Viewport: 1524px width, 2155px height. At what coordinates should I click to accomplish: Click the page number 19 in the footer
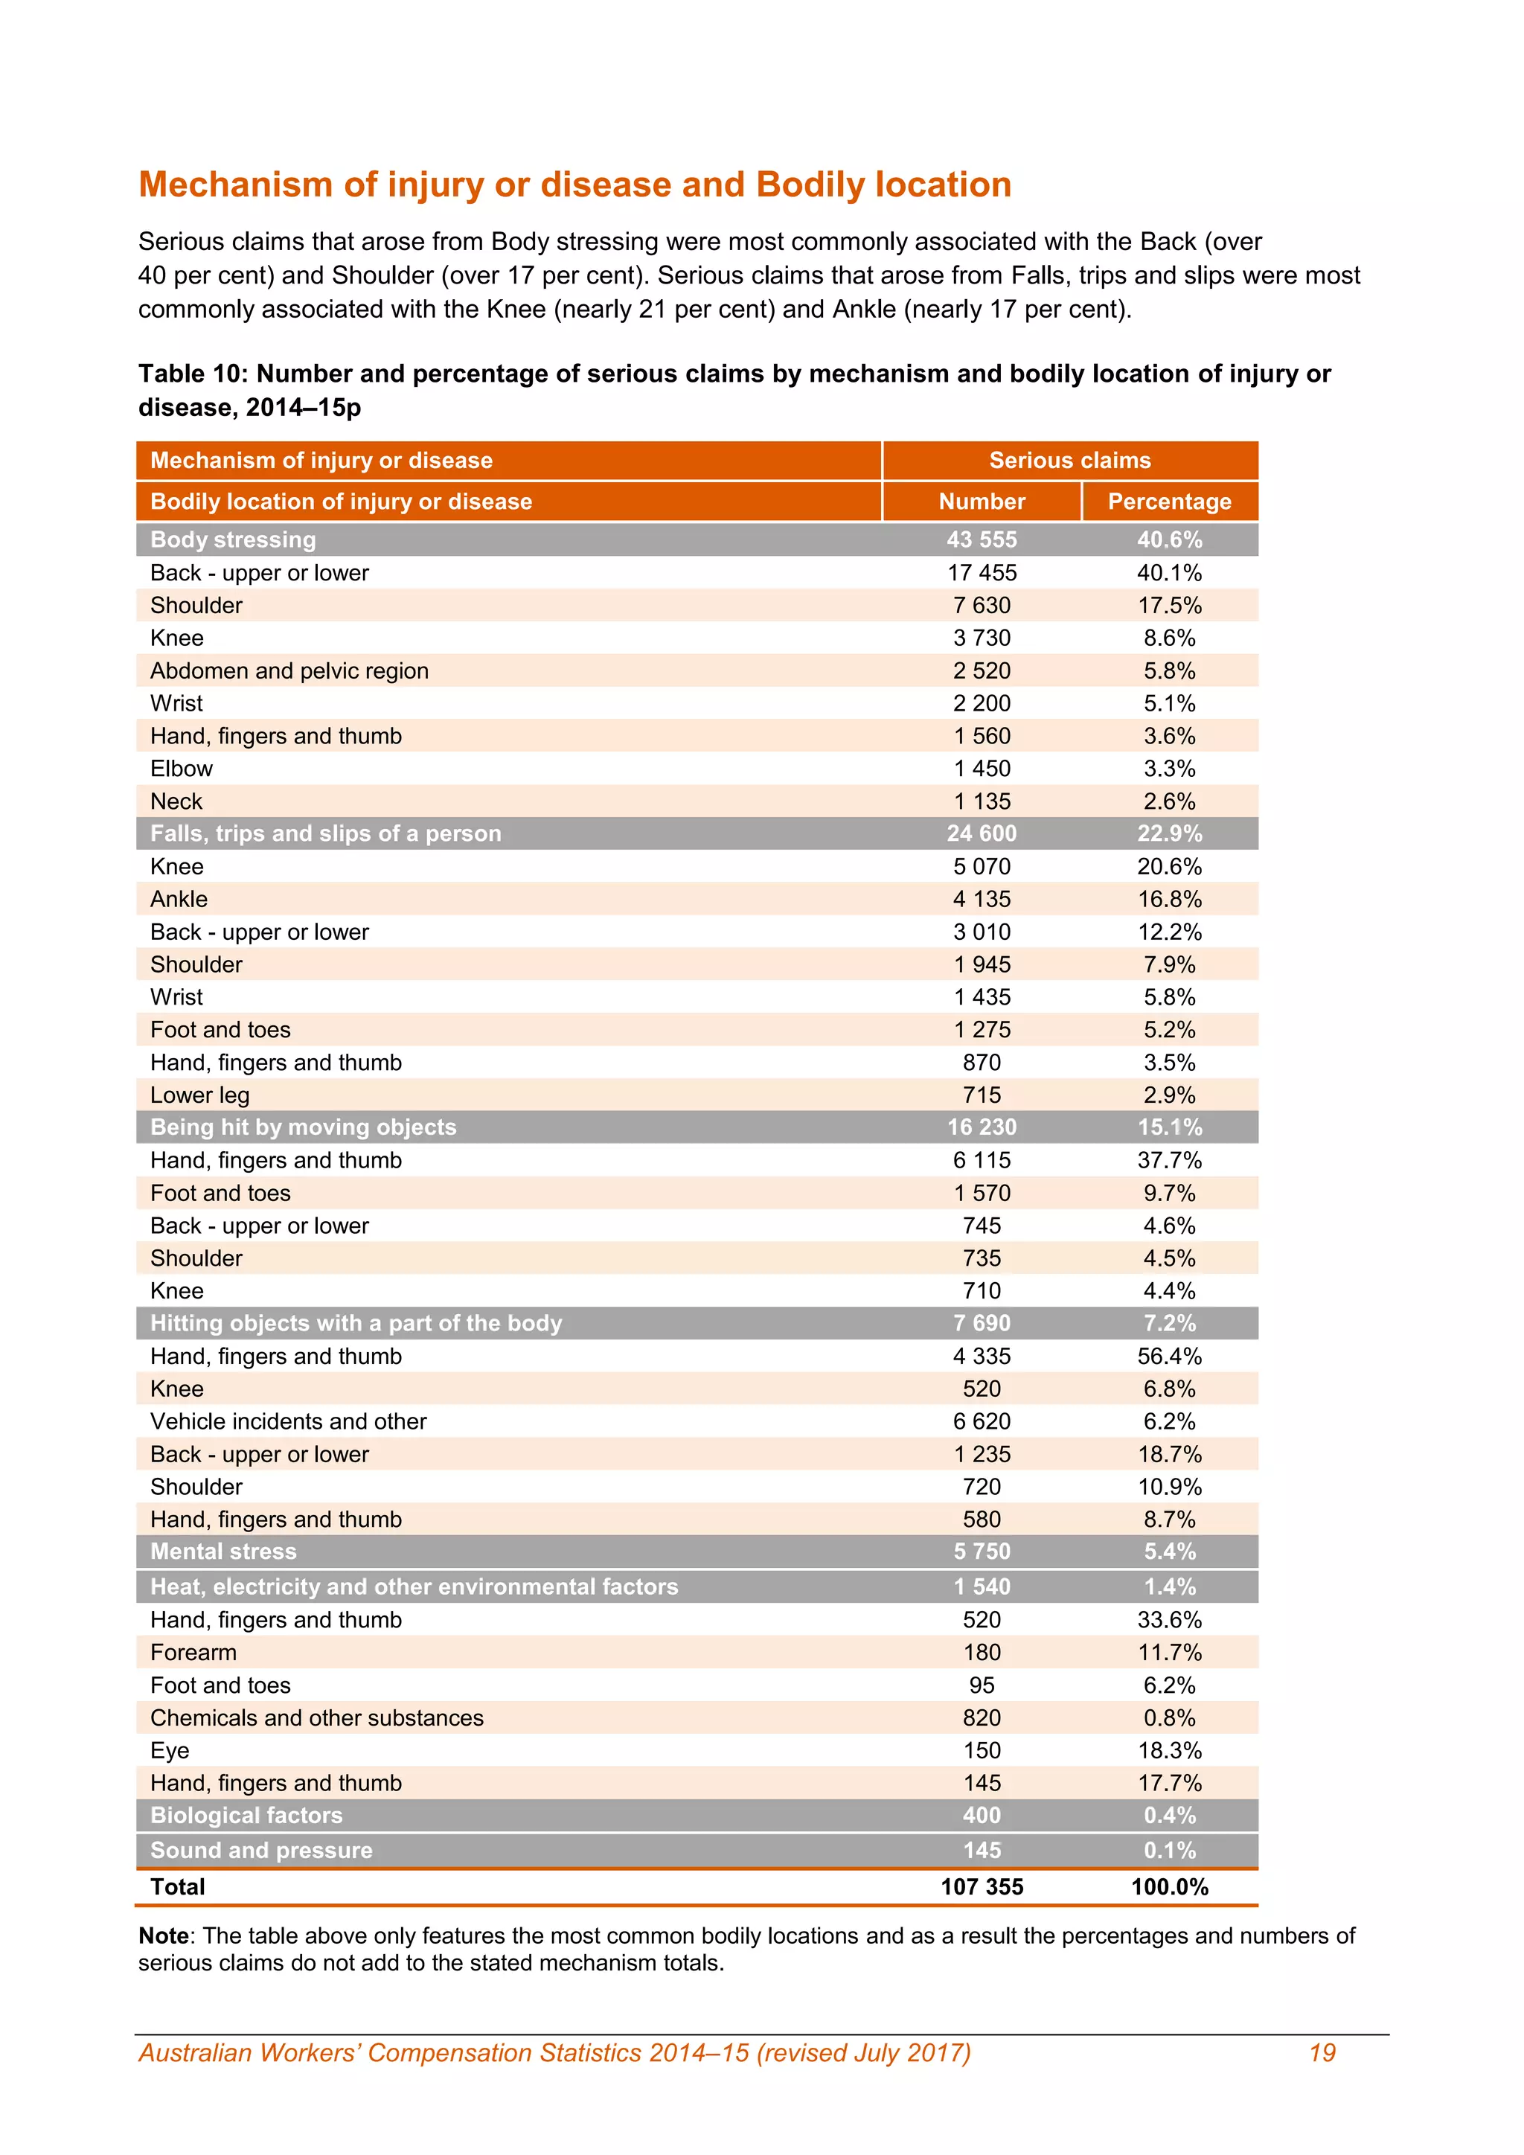[1322, 2053]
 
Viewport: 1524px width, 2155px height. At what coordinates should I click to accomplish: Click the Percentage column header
[1168, 502]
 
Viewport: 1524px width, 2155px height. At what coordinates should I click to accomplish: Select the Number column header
[982, 502]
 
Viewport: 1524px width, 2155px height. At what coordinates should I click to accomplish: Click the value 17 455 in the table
[982, 572]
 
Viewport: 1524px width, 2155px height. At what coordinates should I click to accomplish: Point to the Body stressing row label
[233, 539]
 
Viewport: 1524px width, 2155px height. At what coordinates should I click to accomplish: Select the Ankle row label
[179, 899]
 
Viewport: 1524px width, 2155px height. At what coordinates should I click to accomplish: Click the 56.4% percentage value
[1169, 1357]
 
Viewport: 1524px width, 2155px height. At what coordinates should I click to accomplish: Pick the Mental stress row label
[222, 1552]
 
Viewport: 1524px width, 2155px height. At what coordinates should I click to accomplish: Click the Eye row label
[170, 1750]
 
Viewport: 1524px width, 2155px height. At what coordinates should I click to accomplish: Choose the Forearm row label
[193, 1652]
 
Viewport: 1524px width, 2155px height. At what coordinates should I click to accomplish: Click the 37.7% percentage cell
[1169, 1160]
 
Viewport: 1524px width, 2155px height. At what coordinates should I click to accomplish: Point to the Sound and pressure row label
[261, 1850]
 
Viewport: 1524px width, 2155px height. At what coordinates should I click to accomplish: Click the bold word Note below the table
[163, 1935]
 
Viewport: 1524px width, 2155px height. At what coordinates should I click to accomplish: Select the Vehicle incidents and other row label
[288, 1421]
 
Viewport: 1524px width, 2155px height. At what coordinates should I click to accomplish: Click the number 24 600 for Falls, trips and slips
[982, 833]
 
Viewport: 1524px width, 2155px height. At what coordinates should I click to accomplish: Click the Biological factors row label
[246, 1815]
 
